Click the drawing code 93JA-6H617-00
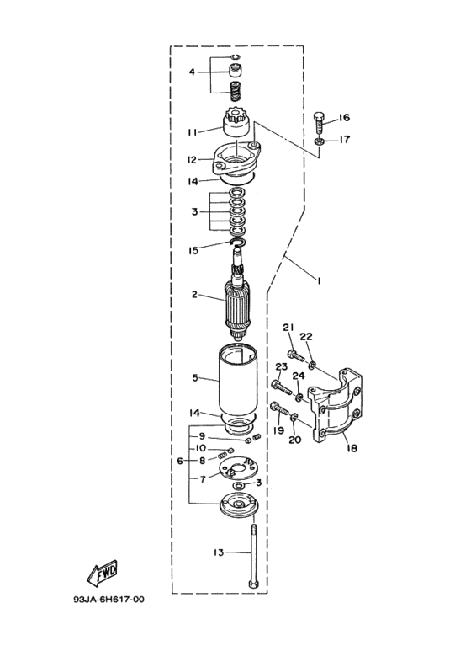click(x=109, y=600)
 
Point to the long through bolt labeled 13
click(x=253, y=557)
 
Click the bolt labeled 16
click(x=320, y=122)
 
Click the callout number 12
click(x=192, y=160)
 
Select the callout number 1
click(x=319, y=281)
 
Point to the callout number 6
click(x=180, y=461)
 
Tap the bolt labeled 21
click(x=295, y=355)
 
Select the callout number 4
click(x=192, y=72)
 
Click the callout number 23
click(x=282, y=366)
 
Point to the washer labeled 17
click(x=319, y=141)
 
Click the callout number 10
click(x=201, y=448)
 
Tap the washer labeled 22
click(x=313, y=365)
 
